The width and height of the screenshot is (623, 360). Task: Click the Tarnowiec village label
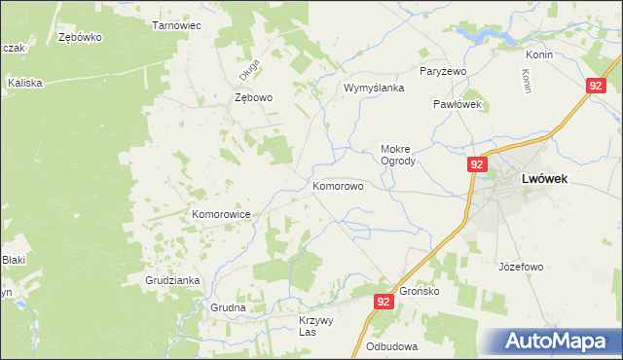(176, 25)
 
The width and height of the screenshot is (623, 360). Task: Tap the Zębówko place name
(81, 37)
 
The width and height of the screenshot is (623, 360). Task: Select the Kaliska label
(25, 83)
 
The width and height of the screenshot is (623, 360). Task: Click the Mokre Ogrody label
(398, 155)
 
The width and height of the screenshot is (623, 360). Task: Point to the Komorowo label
(338, 184)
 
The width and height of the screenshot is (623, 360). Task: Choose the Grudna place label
(228, 307)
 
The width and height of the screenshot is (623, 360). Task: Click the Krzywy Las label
(315, 326)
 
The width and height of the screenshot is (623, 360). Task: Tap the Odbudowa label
(392, 346)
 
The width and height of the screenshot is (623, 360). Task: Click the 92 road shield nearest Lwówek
(476, 165)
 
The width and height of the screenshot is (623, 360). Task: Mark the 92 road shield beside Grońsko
(382, 303)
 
